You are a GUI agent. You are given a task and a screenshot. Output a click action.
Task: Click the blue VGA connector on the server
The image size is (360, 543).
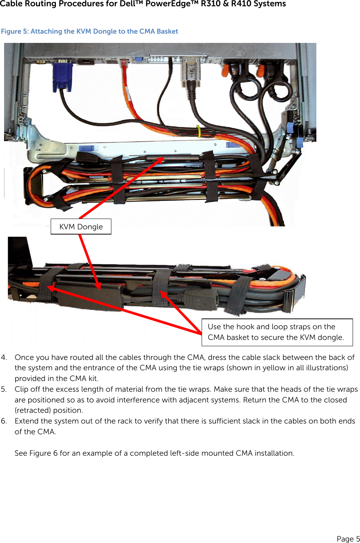[x=62, y=77]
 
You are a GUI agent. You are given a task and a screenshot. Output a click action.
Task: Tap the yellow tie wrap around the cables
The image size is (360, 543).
[x=199, y=131]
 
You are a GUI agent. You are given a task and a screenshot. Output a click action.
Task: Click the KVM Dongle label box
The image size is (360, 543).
[x=81, y=227]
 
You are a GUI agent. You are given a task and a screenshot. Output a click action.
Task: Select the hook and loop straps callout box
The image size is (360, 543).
[x=277, y=332]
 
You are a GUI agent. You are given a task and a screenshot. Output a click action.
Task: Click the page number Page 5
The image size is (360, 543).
[x=348, y=539]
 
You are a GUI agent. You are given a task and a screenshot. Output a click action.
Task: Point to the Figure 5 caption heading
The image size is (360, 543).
[x=90, y=31]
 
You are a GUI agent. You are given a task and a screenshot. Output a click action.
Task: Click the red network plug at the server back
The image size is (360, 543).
[x=124, y=66]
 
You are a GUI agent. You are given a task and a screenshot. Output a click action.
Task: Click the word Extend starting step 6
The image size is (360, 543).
[x=27, y=421]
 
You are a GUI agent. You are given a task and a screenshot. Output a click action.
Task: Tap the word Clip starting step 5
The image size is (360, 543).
[x=21, y=389]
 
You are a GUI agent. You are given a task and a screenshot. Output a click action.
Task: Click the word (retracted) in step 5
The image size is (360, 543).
[x=33, y=410]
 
